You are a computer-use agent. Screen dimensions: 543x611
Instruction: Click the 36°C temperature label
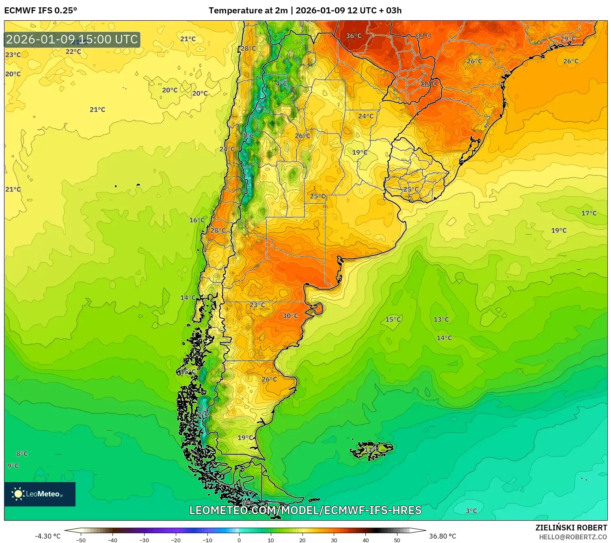tap(353, 36)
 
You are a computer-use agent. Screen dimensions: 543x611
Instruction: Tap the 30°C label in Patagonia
tap(290, 316)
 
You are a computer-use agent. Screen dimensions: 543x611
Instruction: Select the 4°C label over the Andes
tap(281, 84)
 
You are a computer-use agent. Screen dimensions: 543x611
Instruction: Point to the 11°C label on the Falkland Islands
tap(371, 450)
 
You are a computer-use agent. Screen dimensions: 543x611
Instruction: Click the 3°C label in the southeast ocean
tap(471, 511)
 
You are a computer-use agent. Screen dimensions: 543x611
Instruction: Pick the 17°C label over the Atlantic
tap(589, 213)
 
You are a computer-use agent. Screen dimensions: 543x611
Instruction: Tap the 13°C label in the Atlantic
tap(441, 319)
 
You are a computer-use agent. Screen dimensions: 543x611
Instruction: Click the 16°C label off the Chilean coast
tap(197, 220)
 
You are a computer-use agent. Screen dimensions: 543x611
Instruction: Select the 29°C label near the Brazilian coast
tap(568, 39)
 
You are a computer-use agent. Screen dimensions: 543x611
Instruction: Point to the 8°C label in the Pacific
tap(22, 454)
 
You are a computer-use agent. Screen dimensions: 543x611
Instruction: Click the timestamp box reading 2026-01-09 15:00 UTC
tap(72, 39)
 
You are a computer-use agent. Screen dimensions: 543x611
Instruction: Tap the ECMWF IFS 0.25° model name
tap(41, 11)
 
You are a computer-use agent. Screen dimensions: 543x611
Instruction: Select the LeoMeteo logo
tap(40, 494)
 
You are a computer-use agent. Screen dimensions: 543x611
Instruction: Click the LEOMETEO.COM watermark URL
tap(305, 510)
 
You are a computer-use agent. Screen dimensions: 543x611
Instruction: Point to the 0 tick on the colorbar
tap(239, 540)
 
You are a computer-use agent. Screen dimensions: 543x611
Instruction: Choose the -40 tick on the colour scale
tap(112, 540)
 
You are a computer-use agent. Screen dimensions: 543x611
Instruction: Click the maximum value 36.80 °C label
tap(443, 536)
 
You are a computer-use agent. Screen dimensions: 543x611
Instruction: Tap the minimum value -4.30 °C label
tap(47, 536)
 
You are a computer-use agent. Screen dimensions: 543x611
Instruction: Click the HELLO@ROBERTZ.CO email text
tap(573, 537)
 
